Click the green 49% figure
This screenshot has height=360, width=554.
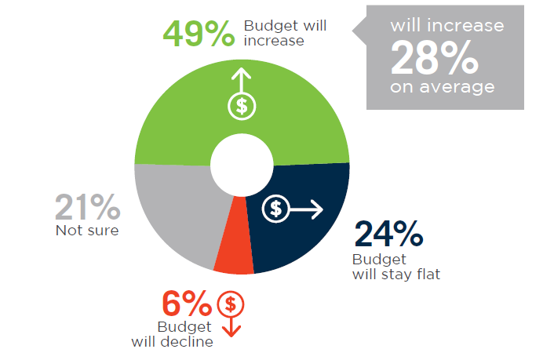coord(199,34)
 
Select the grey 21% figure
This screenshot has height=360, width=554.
coord(88,207)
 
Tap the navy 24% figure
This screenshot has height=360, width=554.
coord(388,233)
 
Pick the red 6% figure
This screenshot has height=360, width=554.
coord(187,304)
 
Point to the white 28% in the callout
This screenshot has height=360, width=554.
coord(435,57)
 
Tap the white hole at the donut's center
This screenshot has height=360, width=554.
coord(242,165)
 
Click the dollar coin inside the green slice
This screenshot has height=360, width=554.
coord(242,106)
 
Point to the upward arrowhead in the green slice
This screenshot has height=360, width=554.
coord(242,72)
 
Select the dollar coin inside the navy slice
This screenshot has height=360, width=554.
coord(275,209)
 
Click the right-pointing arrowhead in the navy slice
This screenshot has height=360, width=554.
coord(317,209)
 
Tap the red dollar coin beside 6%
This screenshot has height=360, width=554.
coord(231,304)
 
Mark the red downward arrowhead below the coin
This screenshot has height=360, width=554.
coord(231,332)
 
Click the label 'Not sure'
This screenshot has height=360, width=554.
coord(87,231)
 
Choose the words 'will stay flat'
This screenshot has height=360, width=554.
coord(396,275)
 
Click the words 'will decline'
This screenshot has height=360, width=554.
coord(173,342)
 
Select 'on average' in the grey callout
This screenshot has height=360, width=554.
coord(443,87)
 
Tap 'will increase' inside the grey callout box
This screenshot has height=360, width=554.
coord(447,25)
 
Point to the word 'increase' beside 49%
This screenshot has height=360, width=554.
coord(274,41)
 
